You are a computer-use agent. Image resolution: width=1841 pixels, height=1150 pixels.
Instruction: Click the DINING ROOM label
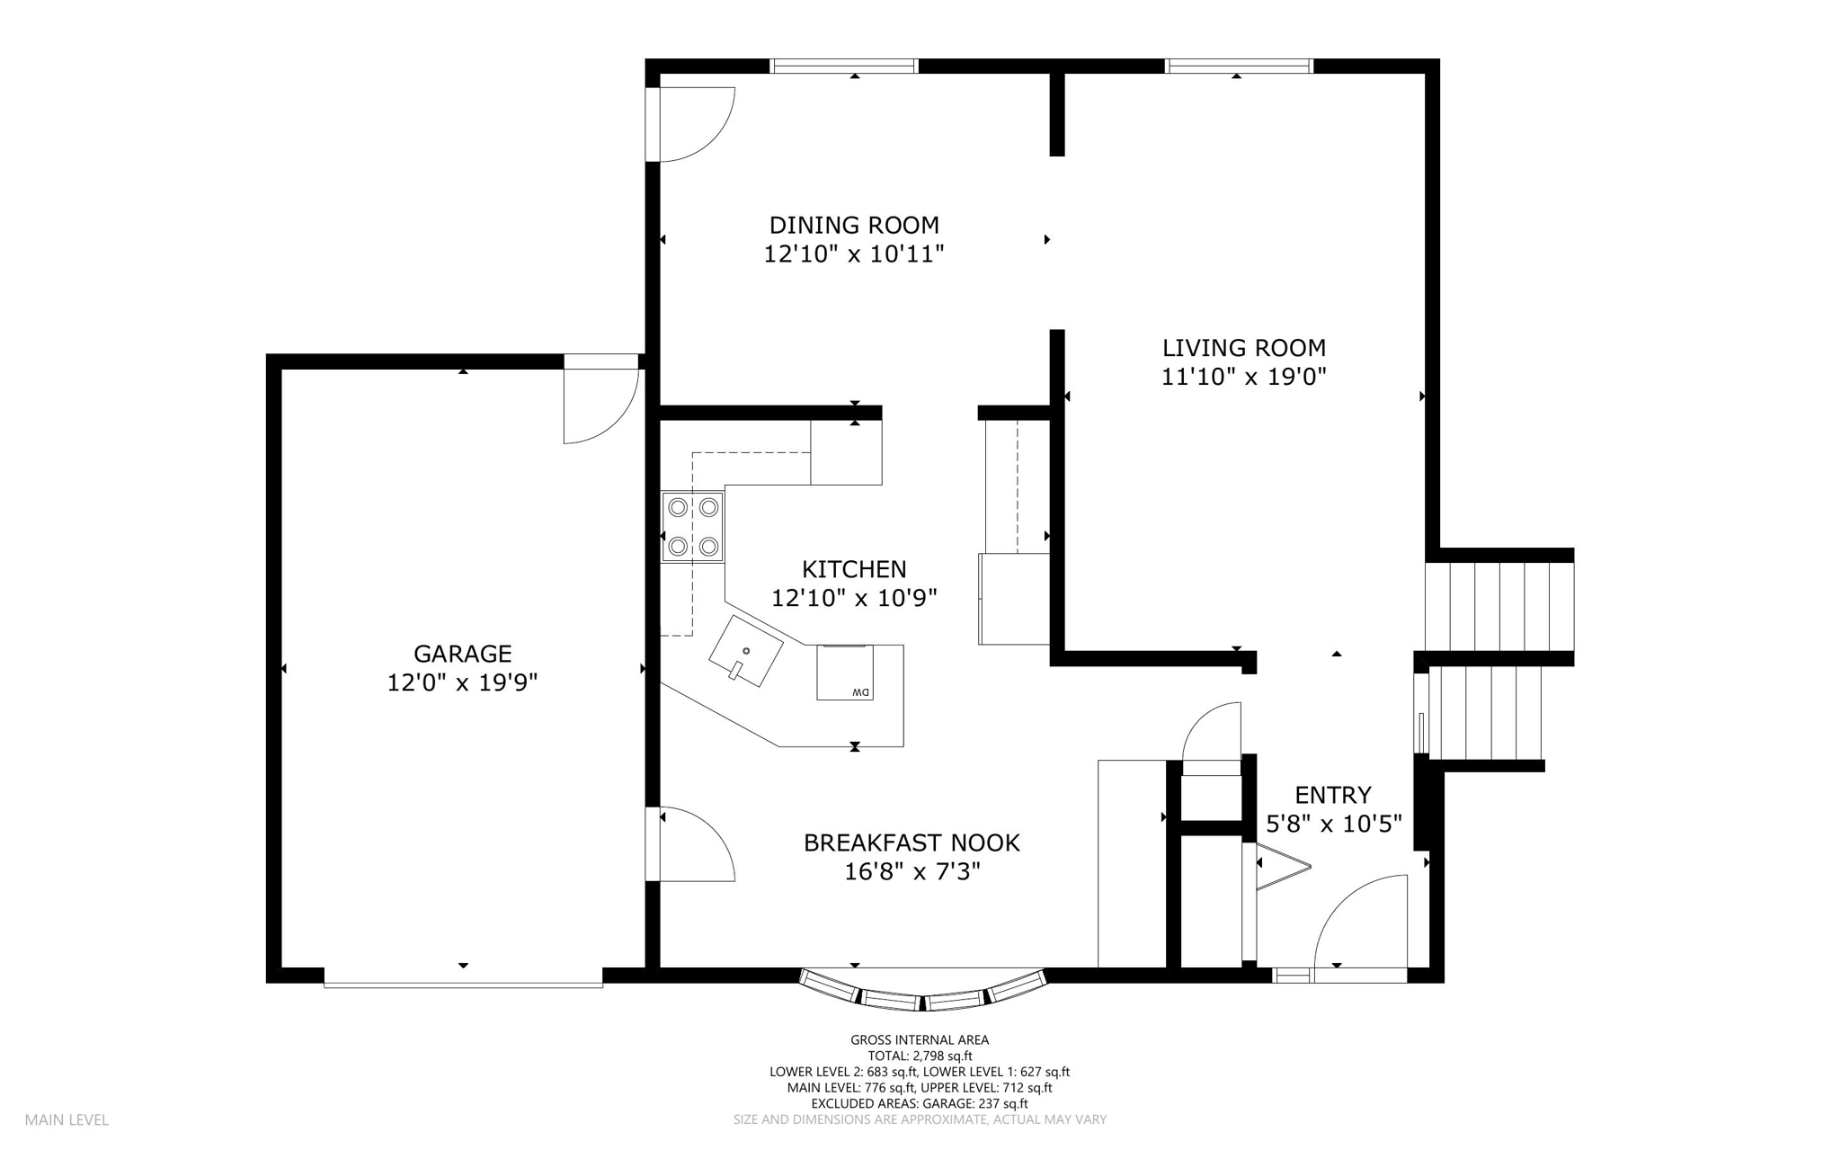point(854,225)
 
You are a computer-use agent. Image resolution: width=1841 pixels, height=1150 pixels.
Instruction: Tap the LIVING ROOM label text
point(1244,348)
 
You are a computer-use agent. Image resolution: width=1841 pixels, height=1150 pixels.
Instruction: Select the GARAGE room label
point(462,654)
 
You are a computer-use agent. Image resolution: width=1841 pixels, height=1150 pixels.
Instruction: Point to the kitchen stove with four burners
point(692,527)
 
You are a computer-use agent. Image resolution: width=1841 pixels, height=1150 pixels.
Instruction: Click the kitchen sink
point(745,651)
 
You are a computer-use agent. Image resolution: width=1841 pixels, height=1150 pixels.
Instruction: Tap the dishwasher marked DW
point(845,673)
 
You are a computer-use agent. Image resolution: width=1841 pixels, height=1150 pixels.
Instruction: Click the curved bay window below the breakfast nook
point(923,991)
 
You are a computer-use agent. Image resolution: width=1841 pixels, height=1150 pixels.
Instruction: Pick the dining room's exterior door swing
point(698,124)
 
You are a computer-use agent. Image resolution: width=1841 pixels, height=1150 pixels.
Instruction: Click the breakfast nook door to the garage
point(698,843)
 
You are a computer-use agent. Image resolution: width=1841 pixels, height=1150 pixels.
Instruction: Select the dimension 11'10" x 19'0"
point(1244,377)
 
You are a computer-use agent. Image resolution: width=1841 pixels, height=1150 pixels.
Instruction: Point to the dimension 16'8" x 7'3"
point(912,872)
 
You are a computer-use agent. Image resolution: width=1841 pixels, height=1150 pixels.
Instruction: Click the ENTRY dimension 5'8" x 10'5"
point(1334,824)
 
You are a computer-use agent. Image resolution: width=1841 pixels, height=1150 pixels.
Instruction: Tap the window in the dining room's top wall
point(844,66)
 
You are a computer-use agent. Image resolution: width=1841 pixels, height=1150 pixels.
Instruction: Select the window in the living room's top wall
point(1239,66)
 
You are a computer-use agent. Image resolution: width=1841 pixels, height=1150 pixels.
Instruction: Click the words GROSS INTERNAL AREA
point(920,1040)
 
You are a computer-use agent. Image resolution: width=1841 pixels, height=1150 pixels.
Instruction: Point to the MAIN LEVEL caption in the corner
point(67,1120)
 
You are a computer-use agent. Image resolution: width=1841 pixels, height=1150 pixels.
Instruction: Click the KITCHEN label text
point(854,569)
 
